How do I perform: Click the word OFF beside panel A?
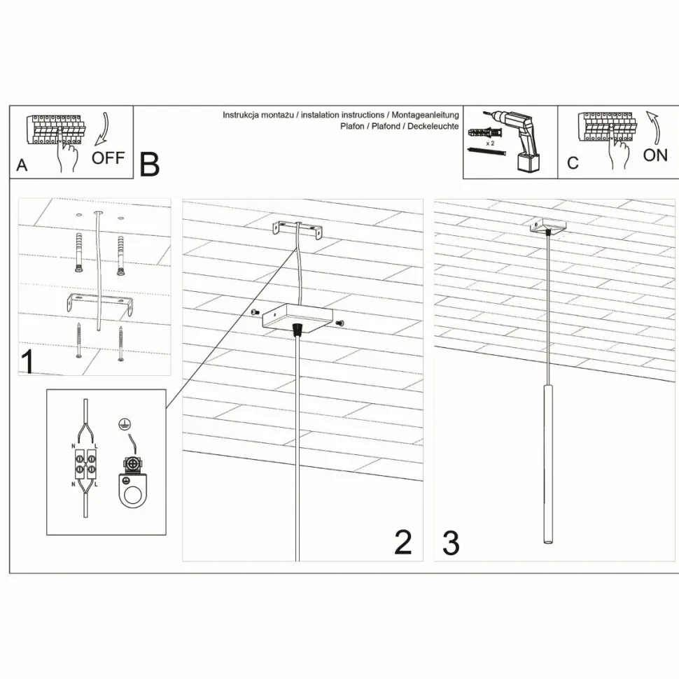tap(108, 158)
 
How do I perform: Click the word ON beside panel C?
tap(655, 155)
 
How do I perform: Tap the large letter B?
tap(149, 165)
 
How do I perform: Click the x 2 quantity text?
tap(490, 143)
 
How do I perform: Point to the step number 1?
tap(28, 362)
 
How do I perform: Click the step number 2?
tap(403, 542)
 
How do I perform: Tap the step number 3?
tap(451, 543)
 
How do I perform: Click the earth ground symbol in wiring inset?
tap(125, 424)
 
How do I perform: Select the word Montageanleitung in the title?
tap(425, 115)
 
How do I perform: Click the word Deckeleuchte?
tap(433, 127)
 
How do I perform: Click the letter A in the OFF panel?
tap(22, 165)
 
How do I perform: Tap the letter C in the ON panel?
tap(573, 163)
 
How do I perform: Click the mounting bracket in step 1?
tap(100, 303)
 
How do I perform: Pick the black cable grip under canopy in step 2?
tap(297, 330)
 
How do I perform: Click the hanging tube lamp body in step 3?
tap(549, 463)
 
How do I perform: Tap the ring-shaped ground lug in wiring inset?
tap(134, 491)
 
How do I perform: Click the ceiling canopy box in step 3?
tap(548, 227)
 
